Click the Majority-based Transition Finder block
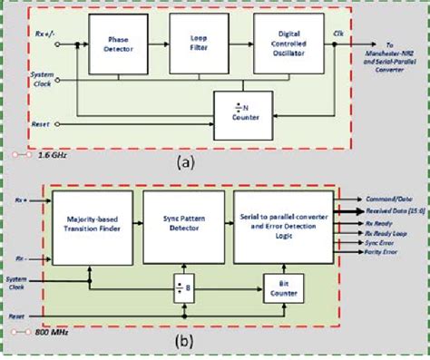pyautogui.click(x=89, y=227)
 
